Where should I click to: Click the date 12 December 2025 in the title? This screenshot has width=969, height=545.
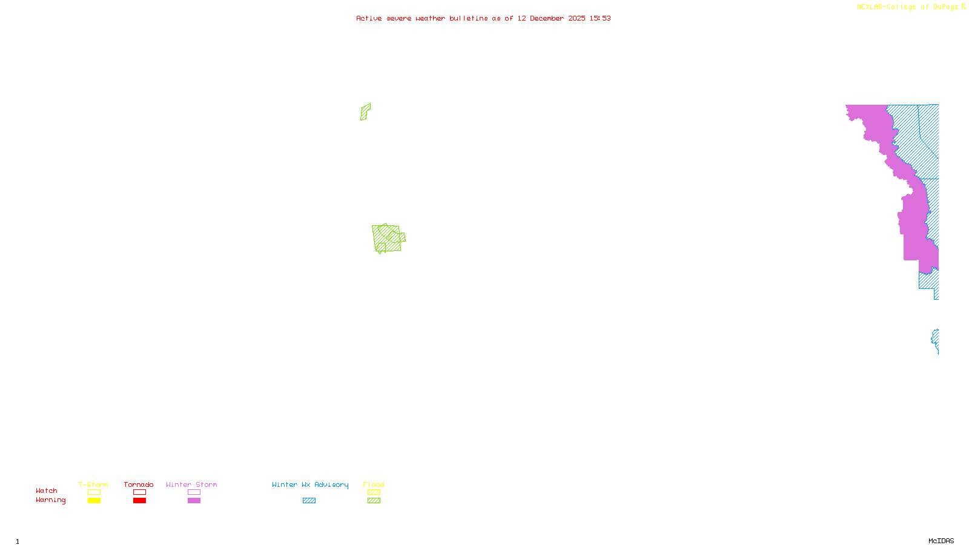[x=551, y=18]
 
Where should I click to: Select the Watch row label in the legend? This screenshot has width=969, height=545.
[x=47, y=490]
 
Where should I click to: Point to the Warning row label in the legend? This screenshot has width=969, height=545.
[x=50, y=500]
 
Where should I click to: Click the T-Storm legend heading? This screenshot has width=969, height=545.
[x=93, y=484]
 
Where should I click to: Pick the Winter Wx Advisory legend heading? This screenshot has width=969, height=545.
[x=310, y=484]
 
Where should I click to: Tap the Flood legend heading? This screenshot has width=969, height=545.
[x=374, y=484]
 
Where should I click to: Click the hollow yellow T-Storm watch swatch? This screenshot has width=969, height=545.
[x=94, y=492]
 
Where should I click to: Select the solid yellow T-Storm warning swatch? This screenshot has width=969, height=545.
[x=94, y=501]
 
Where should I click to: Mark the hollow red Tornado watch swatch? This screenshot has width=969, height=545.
[x=140, y=492]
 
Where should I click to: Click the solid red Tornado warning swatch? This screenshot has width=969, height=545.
[x=140, y=501]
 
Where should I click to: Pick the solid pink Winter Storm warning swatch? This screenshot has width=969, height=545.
[x=194, y=501]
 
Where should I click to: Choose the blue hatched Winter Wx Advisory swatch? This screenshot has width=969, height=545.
[x=309, y=501]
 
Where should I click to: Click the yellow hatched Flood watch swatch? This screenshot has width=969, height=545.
[x=374, y=492]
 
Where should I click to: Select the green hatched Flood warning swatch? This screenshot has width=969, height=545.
[x=374, y=501]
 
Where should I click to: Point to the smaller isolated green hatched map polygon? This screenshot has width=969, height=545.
[x=365, y=112]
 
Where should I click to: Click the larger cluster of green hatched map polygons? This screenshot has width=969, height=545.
[x=388, y=238]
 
